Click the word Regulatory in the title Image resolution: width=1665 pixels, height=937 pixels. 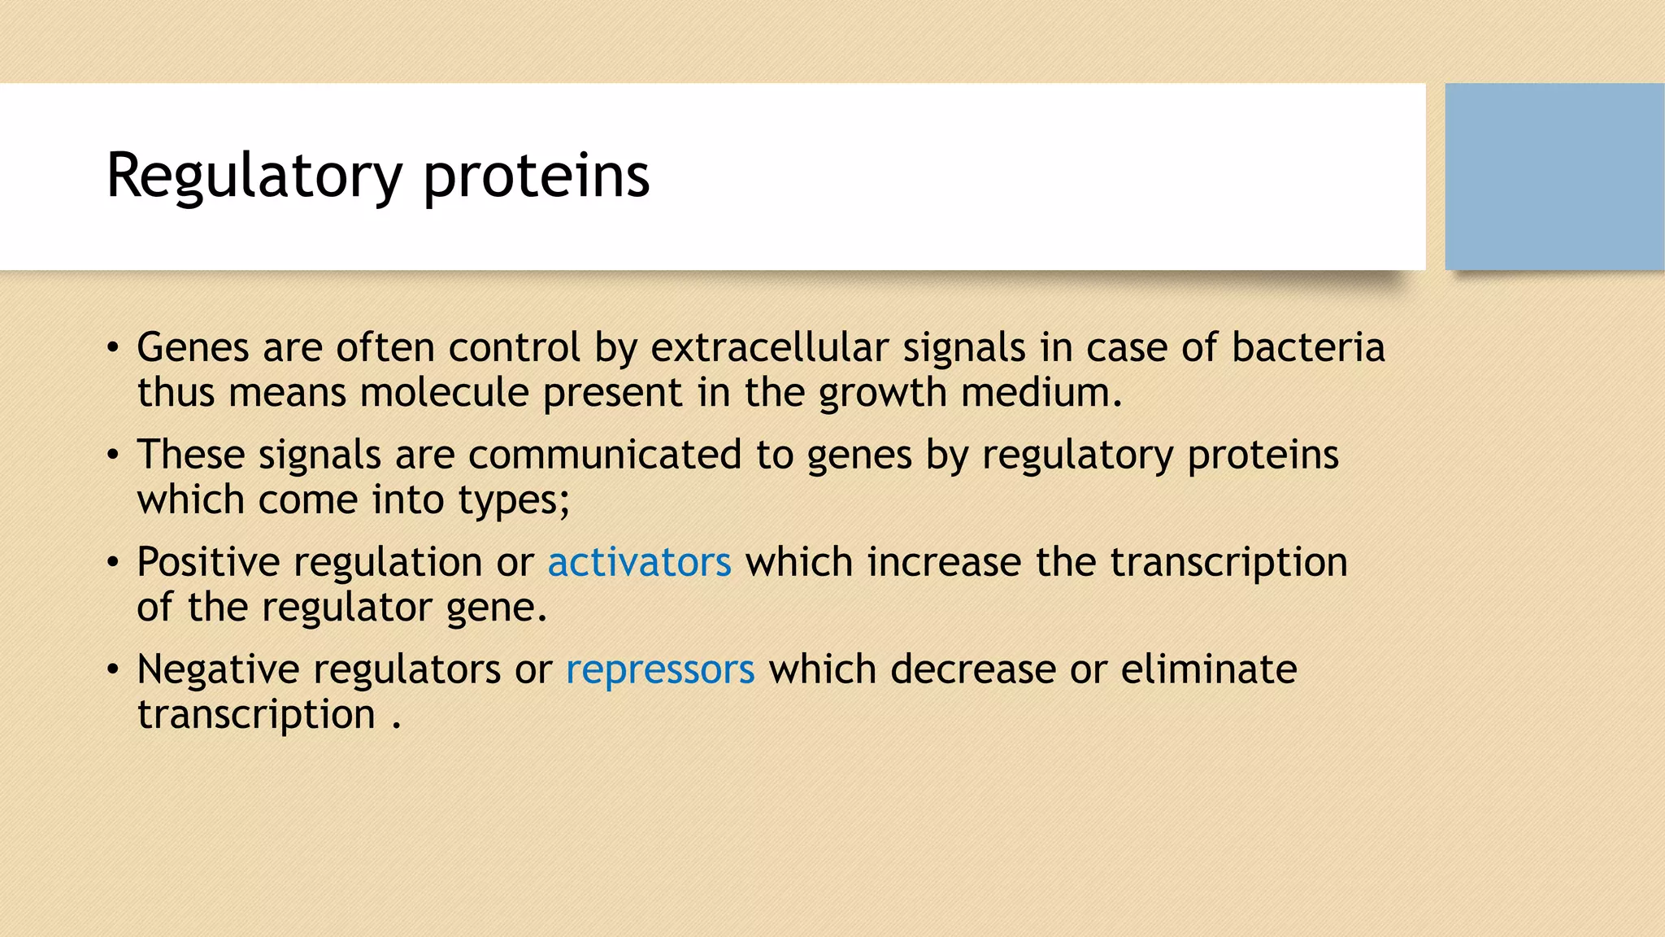pyautogui.click(x=254, y=177)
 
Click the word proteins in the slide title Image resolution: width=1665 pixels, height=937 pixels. pyautogui.click(x=537, y=177)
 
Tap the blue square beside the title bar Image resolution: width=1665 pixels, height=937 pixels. pyautogui.click(x=1554, y=177)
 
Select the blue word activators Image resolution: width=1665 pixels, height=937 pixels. pyautogui.click(x=639, y=562)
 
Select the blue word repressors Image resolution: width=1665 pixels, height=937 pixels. pyautogui.click(x=660, y=669)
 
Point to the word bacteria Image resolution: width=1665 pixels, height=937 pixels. pyautogui.click(x=1307, y=347)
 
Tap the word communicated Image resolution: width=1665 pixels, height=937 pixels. pyautogui.click(x=605, y=455)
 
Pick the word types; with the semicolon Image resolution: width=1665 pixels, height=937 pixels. pyautogui.click(x=514, y=500)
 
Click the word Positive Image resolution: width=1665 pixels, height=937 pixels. pyautogui.click(x=208, y=562)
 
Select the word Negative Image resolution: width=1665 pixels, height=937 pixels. pyautogui.click(x=218, y=669)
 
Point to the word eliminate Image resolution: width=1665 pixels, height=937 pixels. pyautogui.click(x=1208, y=669)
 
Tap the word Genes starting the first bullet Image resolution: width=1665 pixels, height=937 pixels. pyautogui.click(x=193, y=347)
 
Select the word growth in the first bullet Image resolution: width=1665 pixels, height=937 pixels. pyautogui.click(x=883, y=393)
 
